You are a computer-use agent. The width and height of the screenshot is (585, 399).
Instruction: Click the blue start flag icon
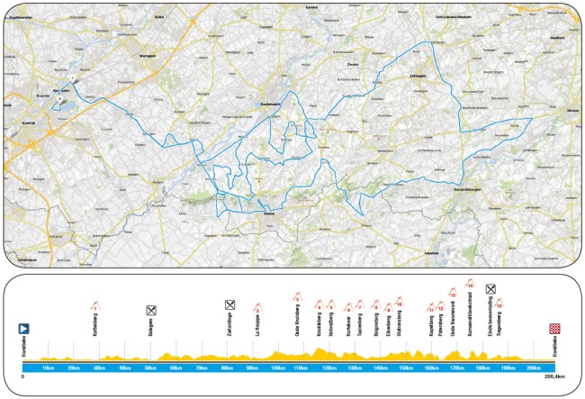(26, 331)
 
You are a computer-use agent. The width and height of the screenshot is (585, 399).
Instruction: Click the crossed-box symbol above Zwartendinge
(229, 304)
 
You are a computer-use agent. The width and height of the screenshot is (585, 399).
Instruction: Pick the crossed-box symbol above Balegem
(152, 310)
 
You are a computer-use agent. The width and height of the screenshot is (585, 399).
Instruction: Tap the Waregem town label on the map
(147, 57)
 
